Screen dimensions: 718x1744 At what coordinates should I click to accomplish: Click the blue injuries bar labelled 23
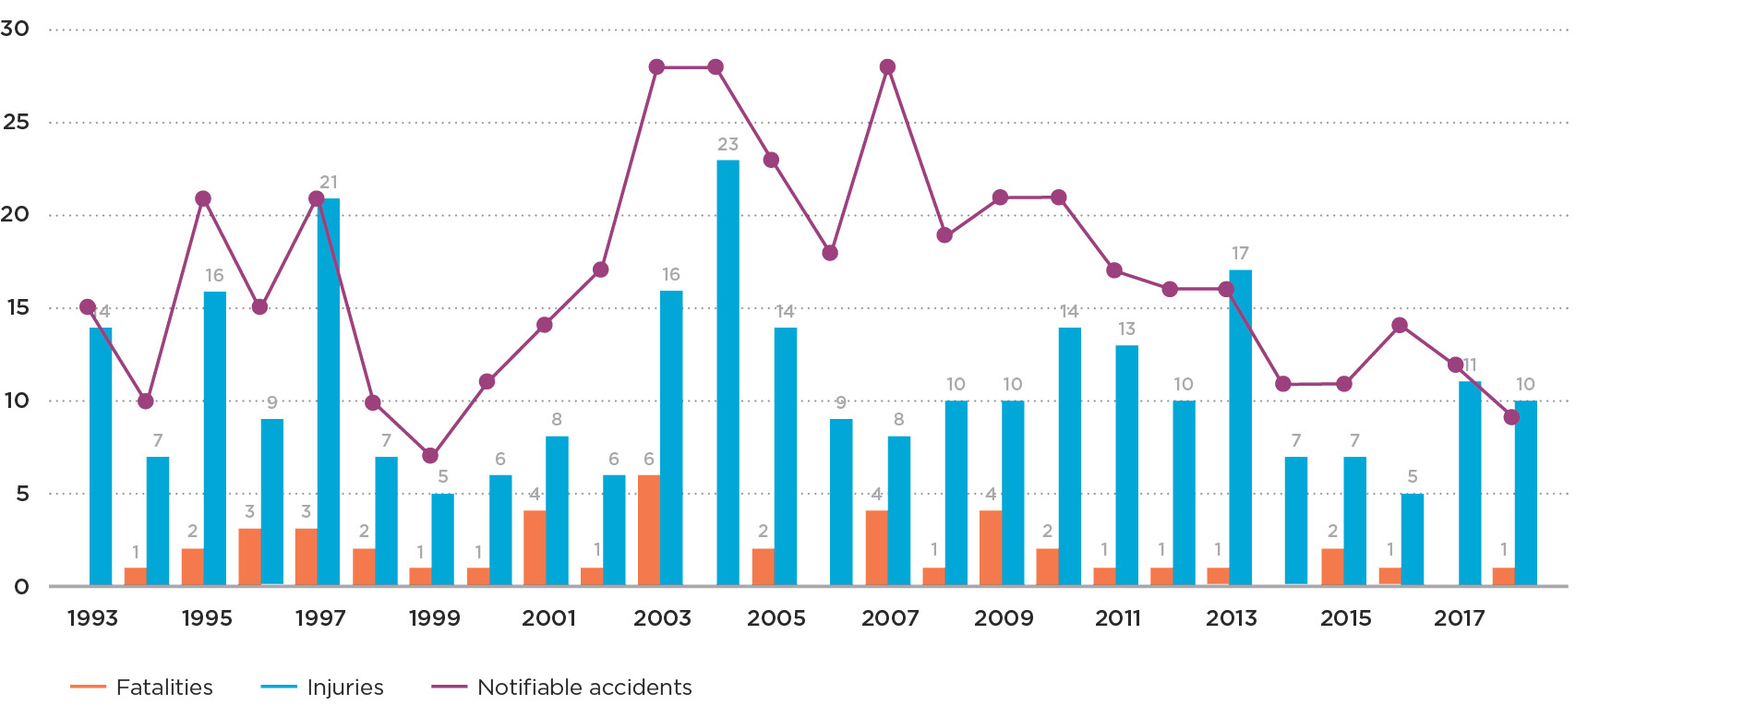[x=728, y=373]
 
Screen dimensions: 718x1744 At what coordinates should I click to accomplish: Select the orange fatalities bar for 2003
[x=649, y=530]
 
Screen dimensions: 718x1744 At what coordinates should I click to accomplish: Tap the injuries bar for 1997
[x=329, y=391]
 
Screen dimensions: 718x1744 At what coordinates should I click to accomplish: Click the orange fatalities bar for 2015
[x=1332, y=567]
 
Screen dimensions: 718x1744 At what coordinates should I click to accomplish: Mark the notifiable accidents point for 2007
[x=887, y=67]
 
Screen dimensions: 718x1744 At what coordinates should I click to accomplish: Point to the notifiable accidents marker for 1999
[x=430, y=456]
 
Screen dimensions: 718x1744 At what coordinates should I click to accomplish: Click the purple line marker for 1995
[x=203, y=199]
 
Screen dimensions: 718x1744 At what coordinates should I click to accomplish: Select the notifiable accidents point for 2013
[x=1226, y=290]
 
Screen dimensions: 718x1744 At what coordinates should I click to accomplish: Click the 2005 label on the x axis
[x=776, y=618]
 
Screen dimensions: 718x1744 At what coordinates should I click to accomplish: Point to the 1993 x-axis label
[x=92, y=618]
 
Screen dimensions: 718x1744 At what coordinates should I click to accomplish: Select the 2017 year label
[x=1459, y=618]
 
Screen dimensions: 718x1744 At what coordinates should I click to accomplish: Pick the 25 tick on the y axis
[x=17, y=122]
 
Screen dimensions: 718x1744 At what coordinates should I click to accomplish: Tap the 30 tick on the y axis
[x=15, y=29]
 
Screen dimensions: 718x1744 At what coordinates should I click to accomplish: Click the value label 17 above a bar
[x=1240, y=253]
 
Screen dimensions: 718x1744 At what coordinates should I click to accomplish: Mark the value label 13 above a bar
[x=1126, y=329]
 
